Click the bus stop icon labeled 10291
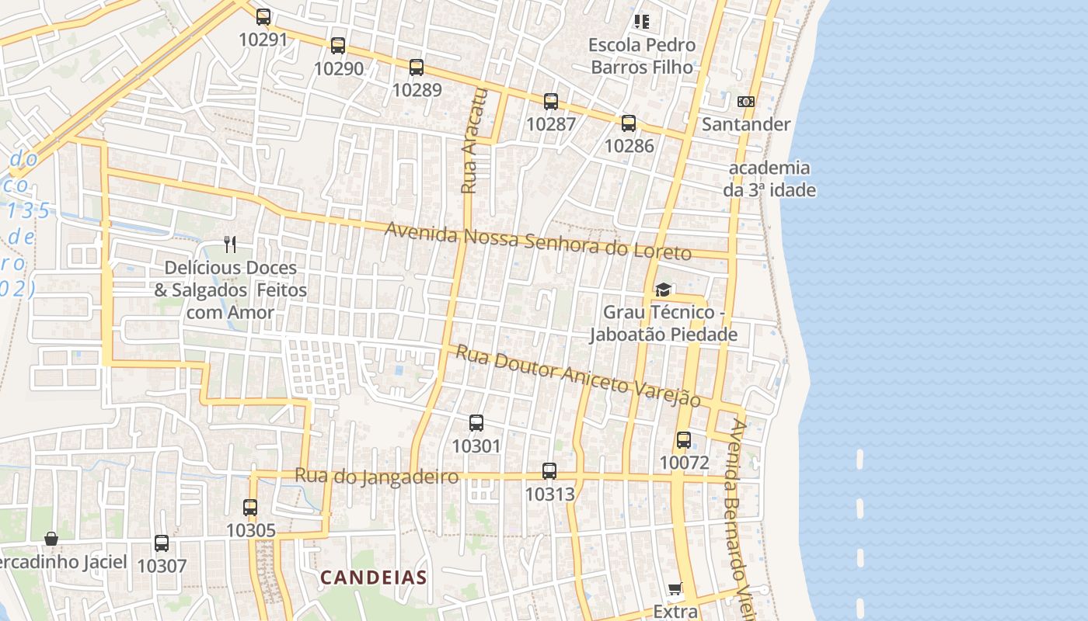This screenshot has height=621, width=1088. (263, 16)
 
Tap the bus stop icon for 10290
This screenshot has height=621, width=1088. (337, 46)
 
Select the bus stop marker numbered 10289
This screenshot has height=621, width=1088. (417, 68)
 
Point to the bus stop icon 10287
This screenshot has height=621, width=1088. (551, 101)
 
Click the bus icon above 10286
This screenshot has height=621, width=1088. (629, 123)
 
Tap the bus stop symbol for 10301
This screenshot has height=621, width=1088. (476, 423)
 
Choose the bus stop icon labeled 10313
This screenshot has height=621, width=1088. (549, 470)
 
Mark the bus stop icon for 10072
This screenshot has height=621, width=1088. (684, 440)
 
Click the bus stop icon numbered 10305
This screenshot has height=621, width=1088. (250, 508)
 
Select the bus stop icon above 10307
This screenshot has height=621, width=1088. (162, 543)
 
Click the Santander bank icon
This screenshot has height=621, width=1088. (745, 102)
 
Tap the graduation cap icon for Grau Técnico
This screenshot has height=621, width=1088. (663, 290)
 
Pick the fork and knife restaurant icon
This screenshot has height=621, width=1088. (229, 245)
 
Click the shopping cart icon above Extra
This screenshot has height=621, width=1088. (675, 589)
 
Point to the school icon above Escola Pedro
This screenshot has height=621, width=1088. (641, 22)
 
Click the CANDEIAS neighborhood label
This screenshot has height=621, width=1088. (374, 578)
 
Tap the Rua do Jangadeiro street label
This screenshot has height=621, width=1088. (376, 476)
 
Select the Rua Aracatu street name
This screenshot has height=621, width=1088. (473, 141)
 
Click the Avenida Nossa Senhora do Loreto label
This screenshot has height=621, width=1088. (538, 241)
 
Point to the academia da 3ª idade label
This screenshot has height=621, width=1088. (769, 179)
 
